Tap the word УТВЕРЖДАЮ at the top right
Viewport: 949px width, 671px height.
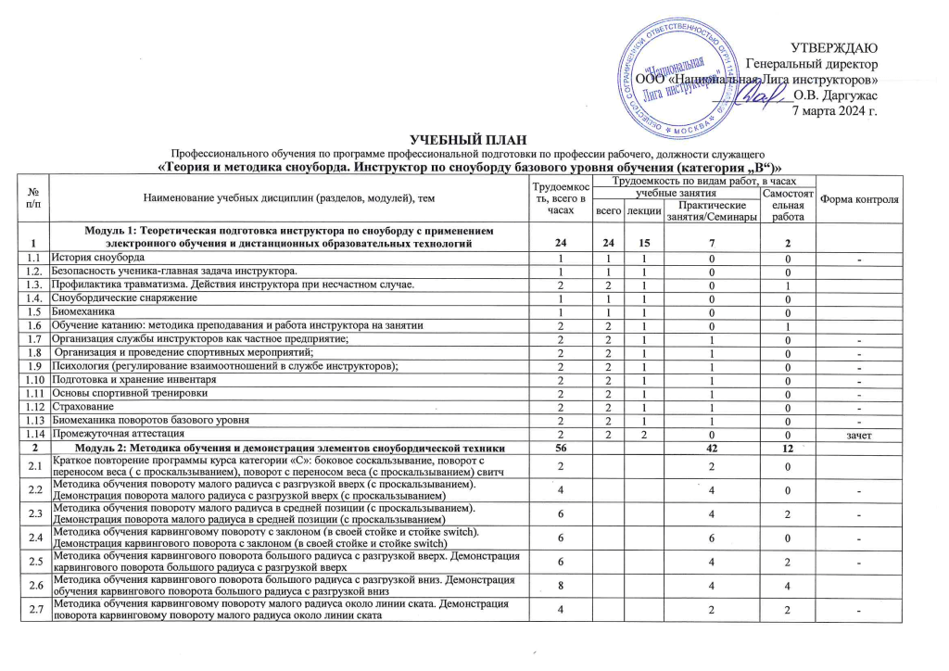pos(833,47)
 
